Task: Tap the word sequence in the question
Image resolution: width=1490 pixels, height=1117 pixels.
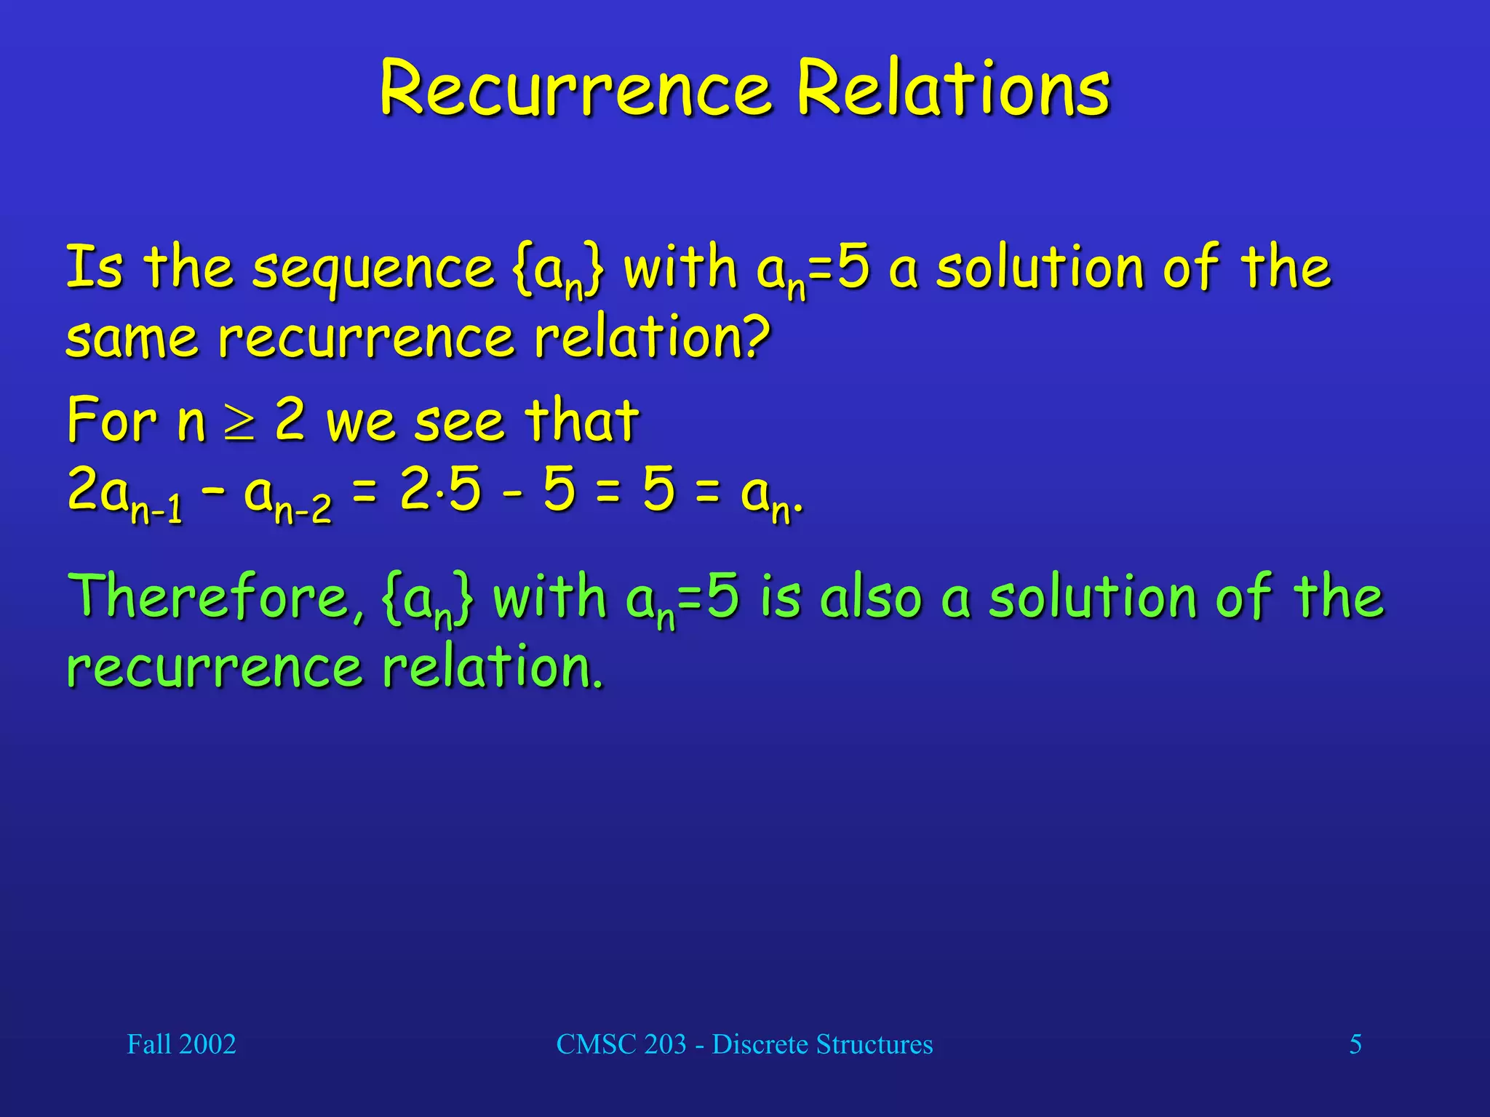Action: point(373,269)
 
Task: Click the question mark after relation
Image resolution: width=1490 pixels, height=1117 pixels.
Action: point(757,337)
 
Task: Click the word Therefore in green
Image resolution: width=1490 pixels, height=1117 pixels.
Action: point(215,596)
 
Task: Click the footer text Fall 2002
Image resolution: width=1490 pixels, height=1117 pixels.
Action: point(181,1044)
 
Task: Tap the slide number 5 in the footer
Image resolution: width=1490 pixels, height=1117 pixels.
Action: point(1355,1044)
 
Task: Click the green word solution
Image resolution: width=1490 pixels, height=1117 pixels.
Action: point(1092,596)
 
